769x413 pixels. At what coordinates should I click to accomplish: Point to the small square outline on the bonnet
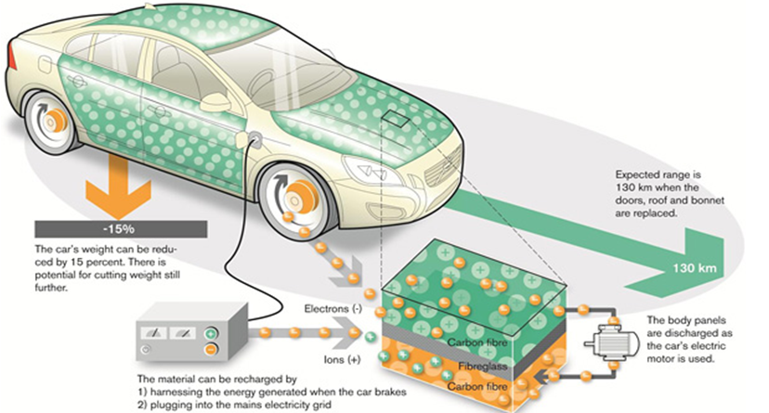(395, 120)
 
